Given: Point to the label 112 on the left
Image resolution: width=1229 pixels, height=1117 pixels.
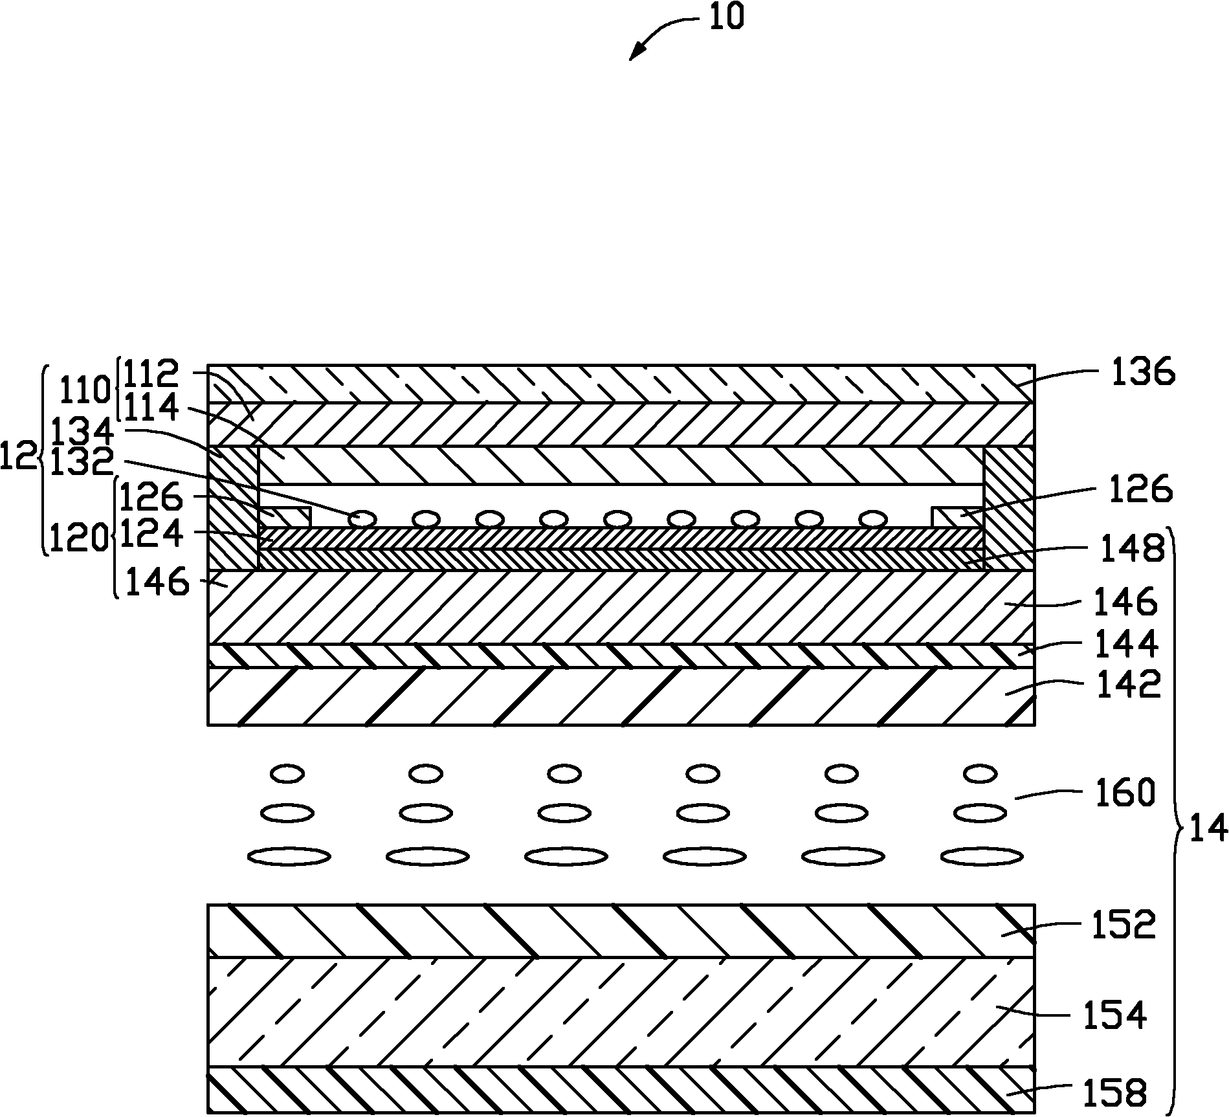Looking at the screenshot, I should (150, 373).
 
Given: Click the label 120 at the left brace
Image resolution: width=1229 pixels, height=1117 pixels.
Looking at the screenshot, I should (78, 537).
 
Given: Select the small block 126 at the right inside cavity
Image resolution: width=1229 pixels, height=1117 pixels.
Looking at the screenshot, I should (957, 516).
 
